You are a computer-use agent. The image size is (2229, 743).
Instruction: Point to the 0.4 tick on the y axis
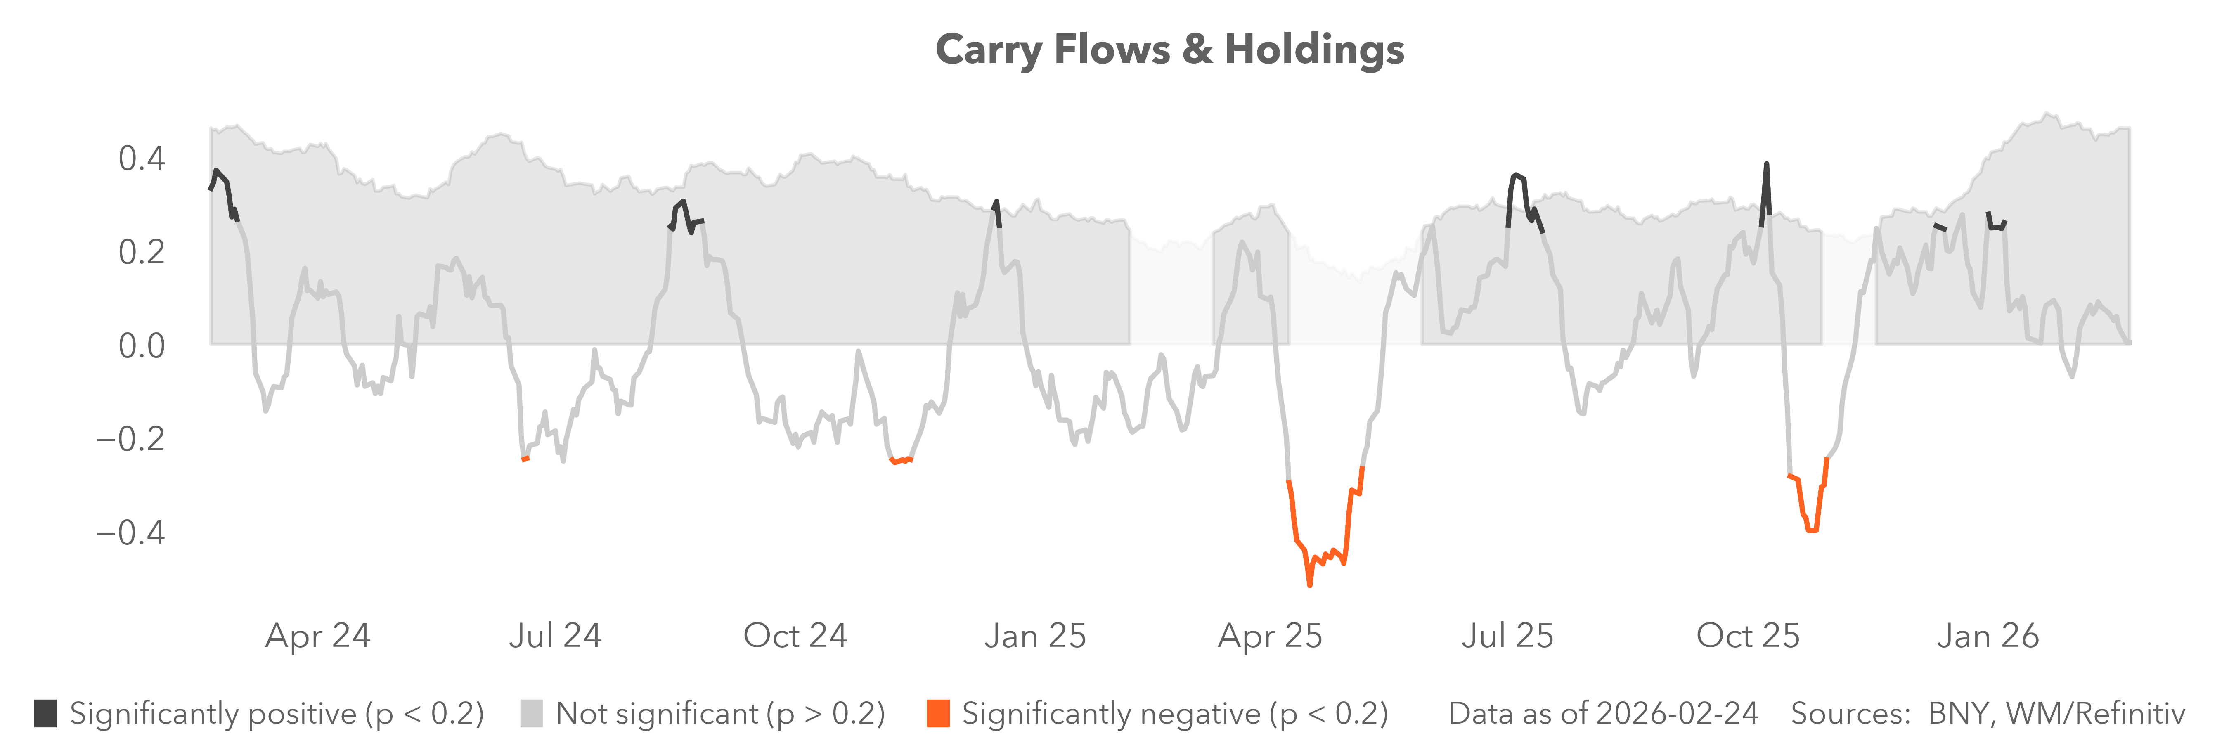141,158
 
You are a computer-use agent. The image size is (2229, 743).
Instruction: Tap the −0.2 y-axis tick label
130,438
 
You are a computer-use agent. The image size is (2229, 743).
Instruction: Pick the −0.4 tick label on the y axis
130,532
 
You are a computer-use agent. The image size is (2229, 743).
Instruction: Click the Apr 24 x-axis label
317,636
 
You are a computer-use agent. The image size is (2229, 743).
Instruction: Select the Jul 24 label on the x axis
555,636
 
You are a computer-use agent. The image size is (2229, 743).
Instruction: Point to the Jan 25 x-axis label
1035,636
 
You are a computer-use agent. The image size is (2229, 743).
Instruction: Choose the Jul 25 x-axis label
1507,636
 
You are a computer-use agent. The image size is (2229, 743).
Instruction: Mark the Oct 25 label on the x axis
1747,636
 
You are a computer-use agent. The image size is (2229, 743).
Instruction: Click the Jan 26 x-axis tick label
1988,636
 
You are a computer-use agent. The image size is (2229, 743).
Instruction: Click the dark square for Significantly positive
46,714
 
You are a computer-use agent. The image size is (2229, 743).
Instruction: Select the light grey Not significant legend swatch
531,714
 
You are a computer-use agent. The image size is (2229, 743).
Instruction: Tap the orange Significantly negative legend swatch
938,714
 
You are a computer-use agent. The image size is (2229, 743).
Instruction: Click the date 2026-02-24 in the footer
1677,714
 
